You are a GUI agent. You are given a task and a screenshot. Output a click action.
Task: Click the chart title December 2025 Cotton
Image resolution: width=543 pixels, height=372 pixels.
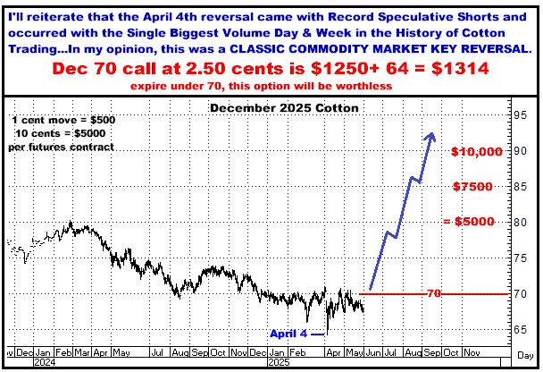[284, 108]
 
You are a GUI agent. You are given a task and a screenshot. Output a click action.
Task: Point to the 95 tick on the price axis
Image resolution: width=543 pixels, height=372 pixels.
[520, 115]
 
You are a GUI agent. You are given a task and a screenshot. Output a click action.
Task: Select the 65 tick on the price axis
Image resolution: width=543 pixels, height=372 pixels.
[520, 329]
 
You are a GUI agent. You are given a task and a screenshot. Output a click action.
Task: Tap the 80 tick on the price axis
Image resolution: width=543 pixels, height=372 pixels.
[520, 223]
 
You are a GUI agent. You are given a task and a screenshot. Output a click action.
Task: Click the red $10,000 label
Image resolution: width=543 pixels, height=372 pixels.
[477, 151]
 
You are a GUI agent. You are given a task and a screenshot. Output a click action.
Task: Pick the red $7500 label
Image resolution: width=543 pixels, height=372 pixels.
[472, 187]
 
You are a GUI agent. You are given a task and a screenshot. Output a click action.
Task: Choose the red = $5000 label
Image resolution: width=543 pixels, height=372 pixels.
[469, 222]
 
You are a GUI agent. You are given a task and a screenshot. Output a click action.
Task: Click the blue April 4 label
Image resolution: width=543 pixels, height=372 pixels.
[288, 334]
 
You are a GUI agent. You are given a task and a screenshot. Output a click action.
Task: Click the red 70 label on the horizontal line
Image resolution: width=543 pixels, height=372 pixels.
[433, 293]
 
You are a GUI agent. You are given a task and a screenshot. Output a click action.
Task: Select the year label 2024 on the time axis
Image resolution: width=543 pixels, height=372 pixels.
[45, 363]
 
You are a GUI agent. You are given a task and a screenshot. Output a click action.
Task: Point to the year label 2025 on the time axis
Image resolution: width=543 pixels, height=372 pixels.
[280, 363]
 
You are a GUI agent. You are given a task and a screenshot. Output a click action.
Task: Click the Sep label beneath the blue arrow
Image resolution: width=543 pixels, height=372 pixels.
[432, 353]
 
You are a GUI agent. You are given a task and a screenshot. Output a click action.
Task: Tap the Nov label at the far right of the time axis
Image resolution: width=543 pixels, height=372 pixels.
[472, 353]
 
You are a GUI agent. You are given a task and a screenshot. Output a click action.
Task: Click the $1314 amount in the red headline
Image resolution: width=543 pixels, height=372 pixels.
[460, 68]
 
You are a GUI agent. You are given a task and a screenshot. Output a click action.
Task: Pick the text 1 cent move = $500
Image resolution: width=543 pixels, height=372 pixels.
[63, 121]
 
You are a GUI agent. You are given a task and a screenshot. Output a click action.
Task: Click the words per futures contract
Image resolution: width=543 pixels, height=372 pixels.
[62, 147]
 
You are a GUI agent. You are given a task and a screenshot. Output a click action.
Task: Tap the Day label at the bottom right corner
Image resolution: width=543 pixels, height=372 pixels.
[525, 355]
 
